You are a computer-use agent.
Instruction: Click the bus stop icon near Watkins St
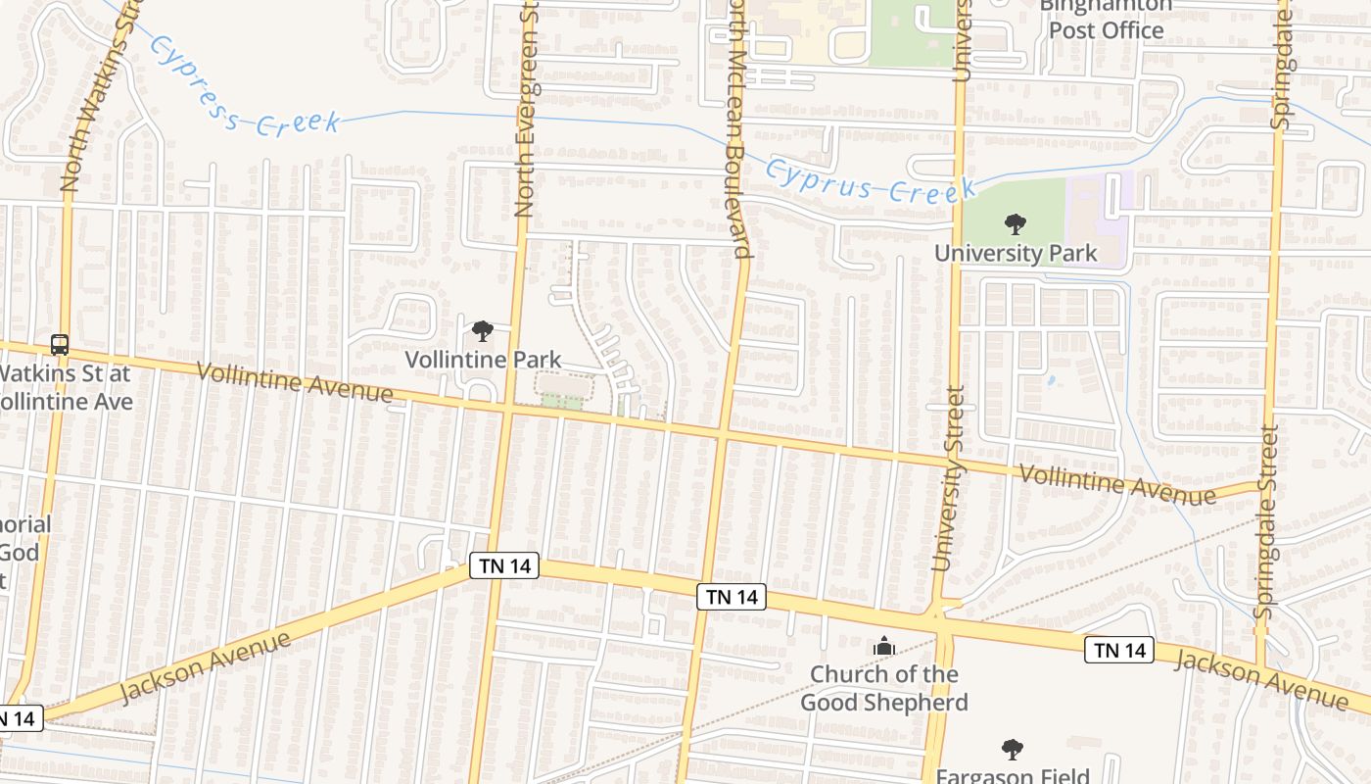60,345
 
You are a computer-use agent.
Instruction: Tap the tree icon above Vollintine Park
482,331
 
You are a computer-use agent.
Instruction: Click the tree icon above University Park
1016,224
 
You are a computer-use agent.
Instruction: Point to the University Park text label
1016,253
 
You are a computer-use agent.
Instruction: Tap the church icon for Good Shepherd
884,646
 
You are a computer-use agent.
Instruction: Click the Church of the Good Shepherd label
884,688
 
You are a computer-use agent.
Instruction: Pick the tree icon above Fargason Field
1013,751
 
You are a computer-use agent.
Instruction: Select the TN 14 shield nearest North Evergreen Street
504,565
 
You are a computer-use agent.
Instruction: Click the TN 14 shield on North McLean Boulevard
732,597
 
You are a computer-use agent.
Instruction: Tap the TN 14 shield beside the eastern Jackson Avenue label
1119,649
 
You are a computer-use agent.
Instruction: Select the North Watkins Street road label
99,98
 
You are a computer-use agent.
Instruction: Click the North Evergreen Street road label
528,108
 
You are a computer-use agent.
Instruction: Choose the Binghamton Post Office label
1106,20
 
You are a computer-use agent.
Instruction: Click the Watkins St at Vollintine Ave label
65,387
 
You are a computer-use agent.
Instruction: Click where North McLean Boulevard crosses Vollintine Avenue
723,431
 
